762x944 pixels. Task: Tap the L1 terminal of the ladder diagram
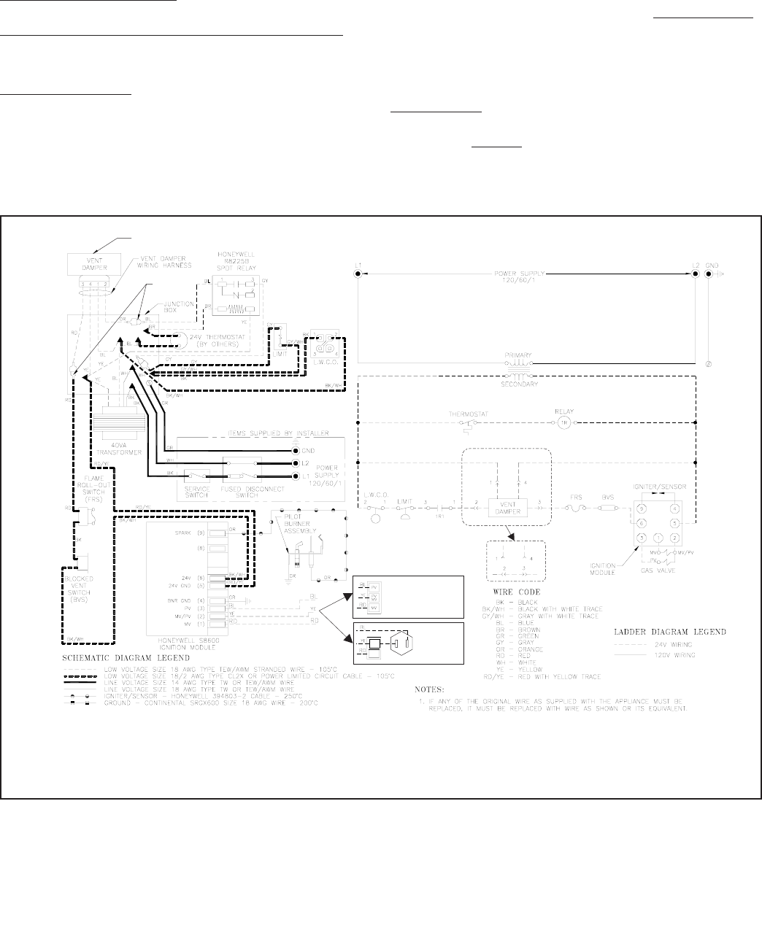358,274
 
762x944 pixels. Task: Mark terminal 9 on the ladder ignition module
642,508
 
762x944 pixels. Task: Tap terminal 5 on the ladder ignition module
675,523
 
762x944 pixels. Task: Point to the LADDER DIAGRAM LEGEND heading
668,631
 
